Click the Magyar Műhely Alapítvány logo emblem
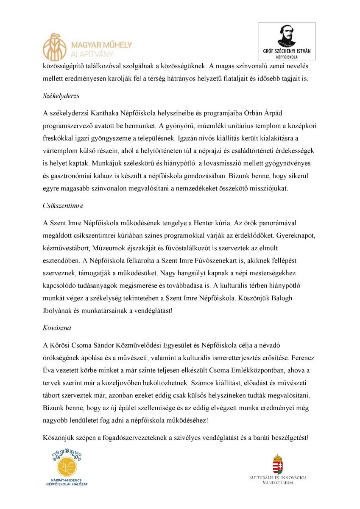[x=55, y=47]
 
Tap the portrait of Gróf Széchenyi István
[x=287, y=36]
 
